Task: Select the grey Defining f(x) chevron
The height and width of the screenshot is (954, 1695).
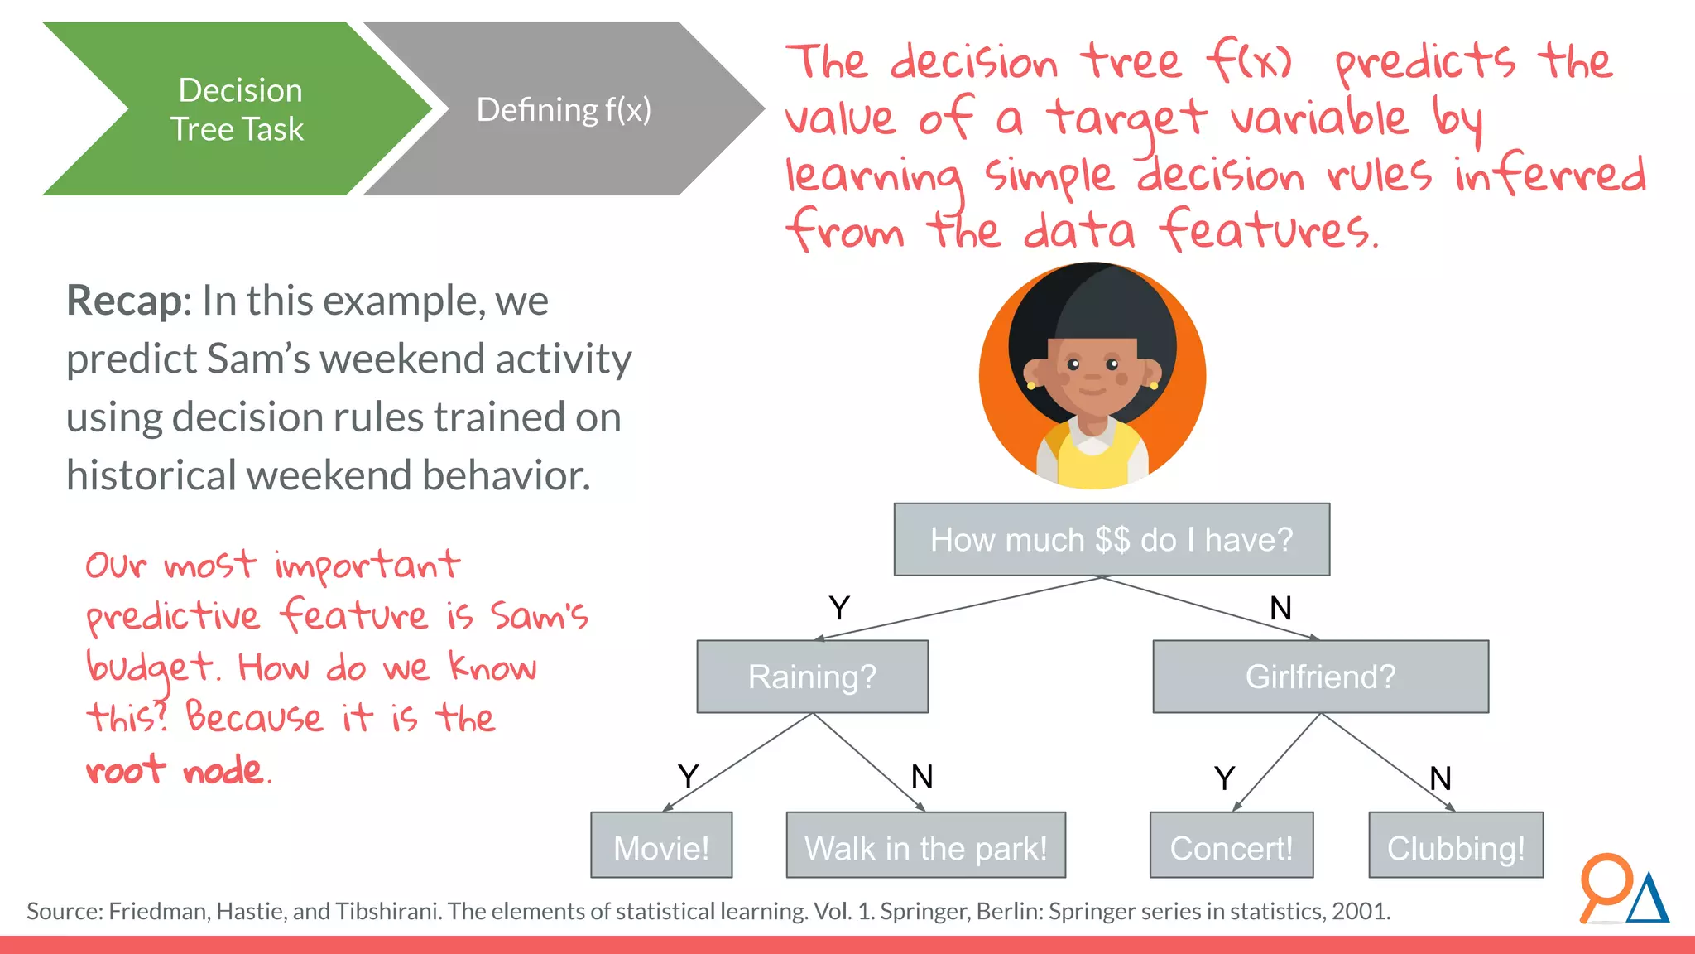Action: [x=563, y=109]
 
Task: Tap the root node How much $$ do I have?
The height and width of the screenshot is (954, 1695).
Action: [x=1111, y=540]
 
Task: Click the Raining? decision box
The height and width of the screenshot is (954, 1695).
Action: [x=812, y=677]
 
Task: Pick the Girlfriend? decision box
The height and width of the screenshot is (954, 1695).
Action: [x=1320, y=677]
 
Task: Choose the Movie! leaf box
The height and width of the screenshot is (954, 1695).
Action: [x=661, y=846]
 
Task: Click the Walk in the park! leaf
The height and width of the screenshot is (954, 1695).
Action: [x=925, y=846]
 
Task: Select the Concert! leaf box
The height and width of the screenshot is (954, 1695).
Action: [x=1231, y=846]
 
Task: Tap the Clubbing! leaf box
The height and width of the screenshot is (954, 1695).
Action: [x=1455, y=846]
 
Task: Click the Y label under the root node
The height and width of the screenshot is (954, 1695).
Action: [x=839, y=609]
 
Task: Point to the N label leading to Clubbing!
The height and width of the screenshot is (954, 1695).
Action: [x=1440, y=778]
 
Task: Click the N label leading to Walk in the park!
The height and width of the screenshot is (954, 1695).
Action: [x=922, y=777]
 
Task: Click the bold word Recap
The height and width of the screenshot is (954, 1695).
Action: [x=124, y=301]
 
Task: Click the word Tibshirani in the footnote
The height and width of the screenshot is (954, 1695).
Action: [x=389, y=912]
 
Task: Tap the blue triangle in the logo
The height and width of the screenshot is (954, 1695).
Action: [x=1649, y=899]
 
